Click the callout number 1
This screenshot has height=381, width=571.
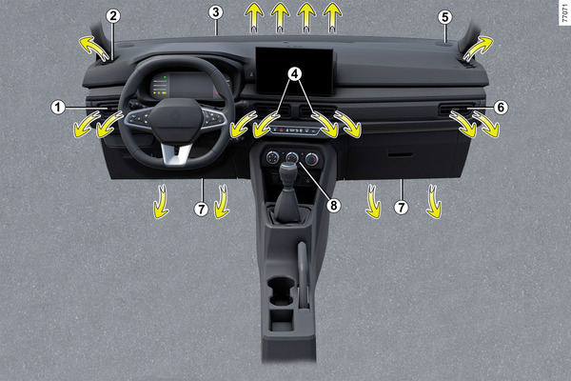pyautogui.click(x=57, y=108)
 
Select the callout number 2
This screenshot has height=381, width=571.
pyautogui.click(x=113, y=16)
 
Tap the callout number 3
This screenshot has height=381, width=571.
pyautogui.click(x=216, y=12)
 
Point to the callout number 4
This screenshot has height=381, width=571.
pyautogui.click(x=294, y=74)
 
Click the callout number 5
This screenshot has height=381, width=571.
pyautogui.click(x=444, y=17)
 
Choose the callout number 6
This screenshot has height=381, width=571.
pyautogui.click(x=501, y=108)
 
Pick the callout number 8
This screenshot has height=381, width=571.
pyautogui.click(x=334, y=206)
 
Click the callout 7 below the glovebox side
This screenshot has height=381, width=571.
pyautogui.click(x=401, y=208)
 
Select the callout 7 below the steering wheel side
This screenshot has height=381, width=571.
pyautogui.click(x=201, y=210)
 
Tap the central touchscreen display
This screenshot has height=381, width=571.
pyautogui.click(x=294, y=71)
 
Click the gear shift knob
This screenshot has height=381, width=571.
pyautogui.click(x=288, y=172)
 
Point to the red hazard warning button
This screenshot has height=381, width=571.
pyautogui.click(x=282, y=130)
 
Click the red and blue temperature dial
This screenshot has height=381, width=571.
pyautogui.click(x=312, y=159)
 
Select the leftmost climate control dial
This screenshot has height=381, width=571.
pyautogui.click(x=272, y=157)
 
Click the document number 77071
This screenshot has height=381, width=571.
pyautogui.click(x=564, y=12)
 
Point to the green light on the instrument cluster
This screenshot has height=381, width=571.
pyautogui.click(x=165, y=77)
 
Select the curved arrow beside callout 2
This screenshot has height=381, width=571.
pyautogui.click(x=94, y=49)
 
